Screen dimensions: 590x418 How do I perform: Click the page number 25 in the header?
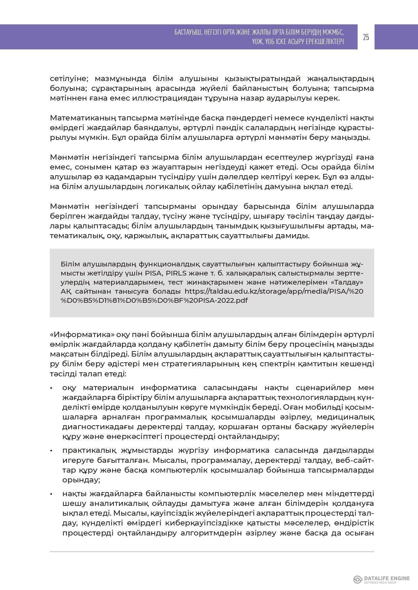click(366, 37)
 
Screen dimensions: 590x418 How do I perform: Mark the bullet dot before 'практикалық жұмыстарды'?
click(51, 451)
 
